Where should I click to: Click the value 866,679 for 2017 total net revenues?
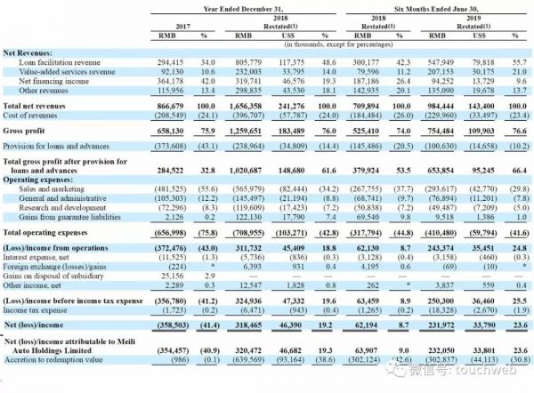[x=161, y=105]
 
